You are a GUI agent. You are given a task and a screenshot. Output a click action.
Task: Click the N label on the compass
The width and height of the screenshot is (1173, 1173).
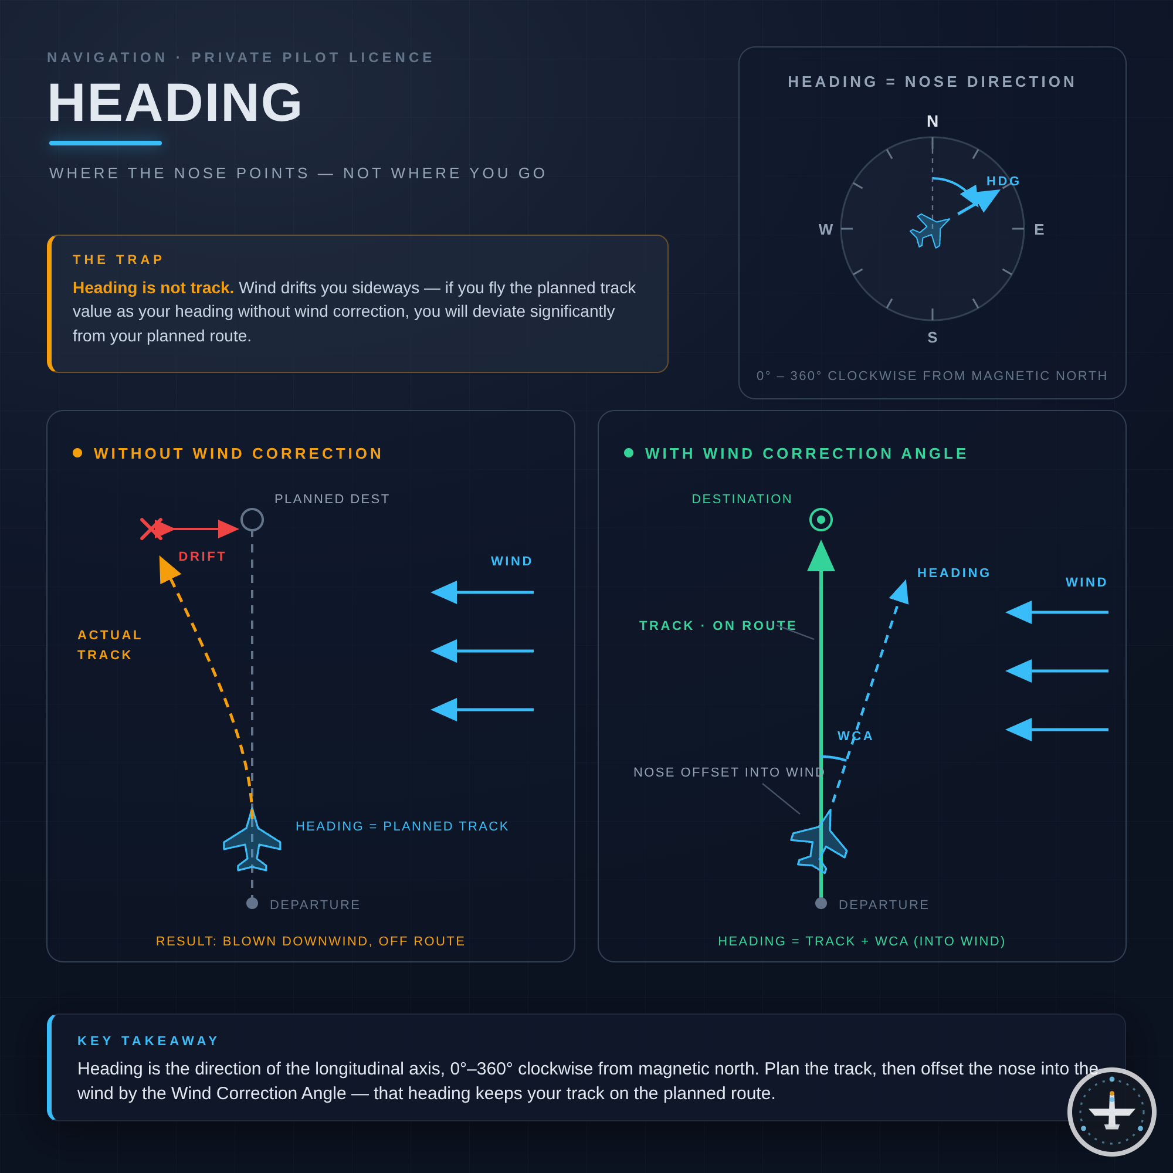tap(933, 121)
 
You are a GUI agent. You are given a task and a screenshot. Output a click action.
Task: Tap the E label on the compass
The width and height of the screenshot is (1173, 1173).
tap(1039, 229)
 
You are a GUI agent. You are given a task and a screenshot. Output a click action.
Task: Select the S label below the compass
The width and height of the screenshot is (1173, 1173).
tap(933, 338)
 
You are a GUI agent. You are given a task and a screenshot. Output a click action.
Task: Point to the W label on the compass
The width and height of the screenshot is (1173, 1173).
tap(826, 229)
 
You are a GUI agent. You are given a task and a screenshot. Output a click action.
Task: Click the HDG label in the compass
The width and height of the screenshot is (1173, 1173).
tap(1003, 181)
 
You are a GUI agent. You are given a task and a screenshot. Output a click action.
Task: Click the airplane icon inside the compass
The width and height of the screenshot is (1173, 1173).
tap(930, 230)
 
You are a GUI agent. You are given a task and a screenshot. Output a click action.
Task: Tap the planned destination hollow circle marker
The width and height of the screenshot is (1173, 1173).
tap(252, 520)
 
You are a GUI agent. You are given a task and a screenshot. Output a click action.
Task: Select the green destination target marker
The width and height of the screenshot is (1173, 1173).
tap(821, 520)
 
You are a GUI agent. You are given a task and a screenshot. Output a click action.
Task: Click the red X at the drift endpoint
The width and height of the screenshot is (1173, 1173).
tap(151, 529)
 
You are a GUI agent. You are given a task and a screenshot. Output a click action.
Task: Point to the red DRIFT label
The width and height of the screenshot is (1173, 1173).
tap(202, 556)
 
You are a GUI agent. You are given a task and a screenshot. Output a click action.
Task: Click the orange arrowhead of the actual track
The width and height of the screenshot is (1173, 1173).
tap(168, 569)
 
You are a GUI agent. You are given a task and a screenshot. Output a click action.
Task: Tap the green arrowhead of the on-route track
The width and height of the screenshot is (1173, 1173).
tap(821, 555)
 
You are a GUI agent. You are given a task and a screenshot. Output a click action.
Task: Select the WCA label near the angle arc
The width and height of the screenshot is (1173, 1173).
tap(856, 736)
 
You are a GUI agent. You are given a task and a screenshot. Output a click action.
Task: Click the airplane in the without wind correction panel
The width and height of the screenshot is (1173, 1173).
tap(252, 840)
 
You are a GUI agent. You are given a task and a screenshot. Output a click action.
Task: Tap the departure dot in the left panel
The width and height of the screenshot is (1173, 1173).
tap(252, 903)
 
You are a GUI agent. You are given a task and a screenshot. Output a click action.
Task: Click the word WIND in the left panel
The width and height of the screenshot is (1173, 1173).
tap(512, 561)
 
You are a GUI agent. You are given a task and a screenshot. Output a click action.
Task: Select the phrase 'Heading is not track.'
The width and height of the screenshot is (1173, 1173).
tap(153, 288)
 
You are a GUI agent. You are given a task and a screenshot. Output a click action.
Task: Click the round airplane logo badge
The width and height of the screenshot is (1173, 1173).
tap(1111, 1111)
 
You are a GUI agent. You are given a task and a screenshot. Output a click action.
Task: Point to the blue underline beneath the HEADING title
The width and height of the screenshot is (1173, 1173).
tap(106, 143)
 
